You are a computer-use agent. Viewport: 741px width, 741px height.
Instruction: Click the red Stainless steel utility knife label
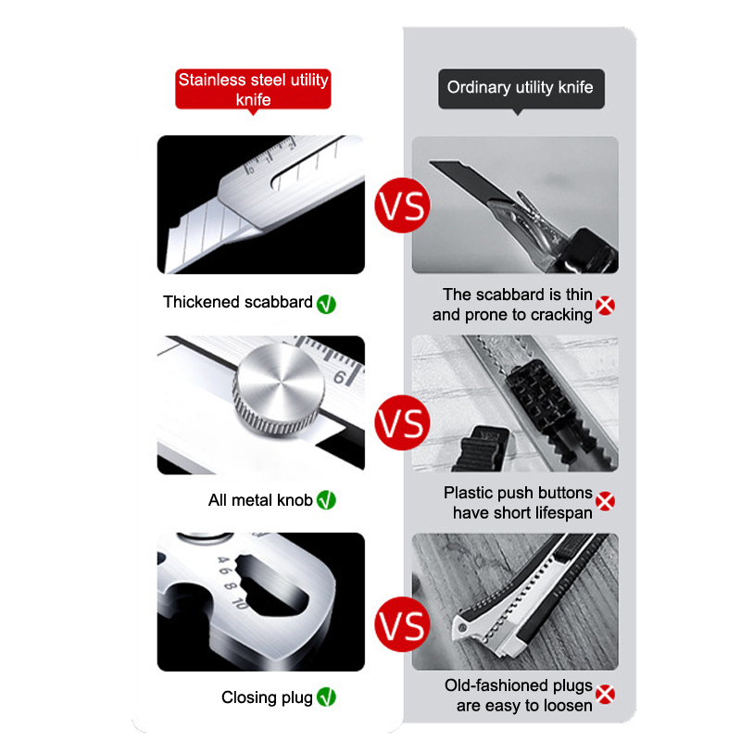pos(253,90)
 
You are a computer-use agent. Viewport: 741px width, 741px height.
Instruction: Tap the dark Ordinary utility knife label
pos(521,88)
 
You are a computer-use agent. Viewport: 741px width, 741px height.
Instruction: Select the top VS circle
pos(402,206)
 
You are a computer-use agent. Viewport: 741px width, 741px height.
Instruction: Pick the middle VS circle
pos(402,423)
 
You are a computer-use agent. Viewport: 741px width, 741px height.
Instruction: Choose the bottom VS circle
pos(402,624)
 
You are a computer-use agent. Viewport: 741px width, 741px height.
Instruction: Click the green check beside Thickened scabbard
pos(326,304)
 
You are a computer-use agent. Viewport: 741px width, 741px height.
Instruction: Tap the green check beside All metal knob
pos(326,500)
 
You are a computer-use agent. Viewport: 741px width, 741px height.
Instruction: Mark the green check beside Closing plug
pos(326,697)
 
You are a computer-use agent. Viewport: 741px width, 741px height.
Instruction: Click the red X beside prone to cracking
pos(605,306)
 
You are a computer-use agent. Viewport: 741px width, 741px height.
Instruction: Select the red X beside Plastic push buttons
pos(605,501)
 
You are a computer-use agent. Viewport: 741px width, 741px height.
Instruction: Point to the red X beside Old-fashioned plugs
pos(605,694)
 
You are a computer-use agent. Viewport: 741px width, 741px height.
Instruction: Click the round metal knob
pos(279,388)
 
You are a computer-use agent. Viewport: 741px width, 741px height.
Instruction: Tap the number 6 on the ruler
pos(340,378)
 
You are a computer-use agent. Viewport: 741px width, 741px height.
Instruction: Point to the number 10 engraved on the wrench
pos(240,603)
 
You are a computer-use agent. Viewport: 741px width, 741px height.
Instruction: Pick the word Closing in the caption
pos(249,698)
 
